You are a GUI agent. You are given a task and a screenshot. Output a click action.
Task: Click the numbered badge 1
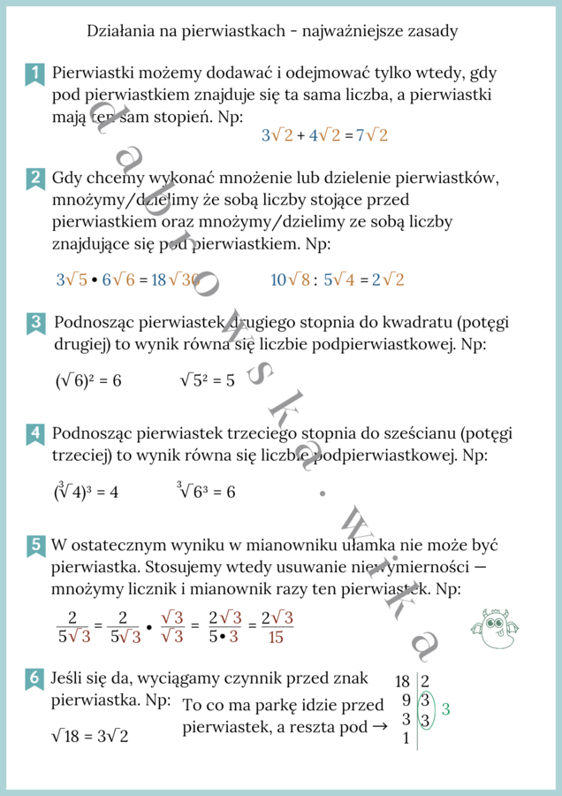coord(34,74)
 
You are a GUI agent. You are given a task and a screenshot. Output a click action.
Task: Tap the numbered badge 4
coord(34,433)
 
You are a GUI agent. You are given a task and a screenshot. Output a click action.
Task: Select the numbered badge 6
coord(34,678)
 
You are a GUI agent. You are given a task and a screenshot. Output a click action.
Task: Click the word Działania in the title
coord(120,32)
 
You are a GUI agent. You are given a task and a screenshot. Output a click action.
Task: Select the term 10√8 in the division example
coord(290,279)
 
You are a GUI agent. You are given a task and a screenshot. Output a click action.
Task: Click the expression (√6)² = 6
coord(88,380)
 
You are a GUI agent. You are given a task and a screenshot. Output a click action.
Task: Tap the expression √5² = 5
coord(207,380)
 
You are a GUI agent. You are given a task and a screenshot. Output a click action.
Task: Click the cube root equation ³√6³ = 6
coord(205,491)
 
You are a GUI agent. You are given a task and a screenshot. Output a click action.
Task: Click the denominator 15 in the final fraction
coord(276,637)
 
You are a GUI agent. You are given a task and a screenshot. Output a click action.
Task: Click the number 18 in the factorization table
coord(402,682)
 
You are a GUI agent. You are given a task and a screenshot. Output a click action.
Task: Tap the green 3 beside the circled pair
coord(445,709)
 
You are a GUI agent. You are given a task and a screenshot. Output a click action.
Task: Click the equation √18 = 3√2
coord(90,735)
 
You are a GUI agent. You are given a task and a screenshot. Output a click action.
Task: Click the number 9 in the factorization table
coord(406,700)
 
